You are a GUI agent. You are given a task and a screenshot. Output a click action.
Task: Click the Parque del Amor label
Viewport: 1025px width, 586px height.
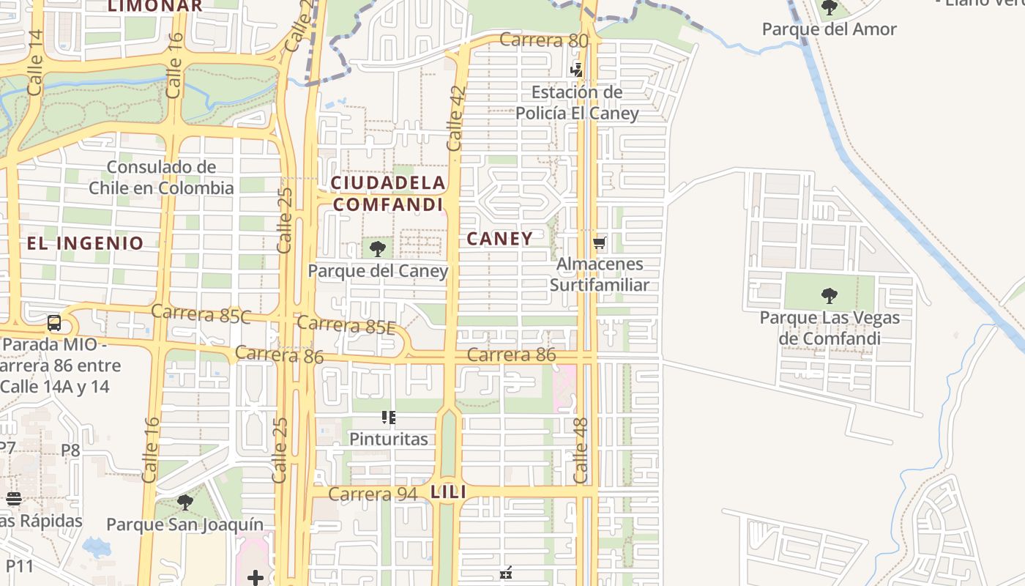coord(829,29)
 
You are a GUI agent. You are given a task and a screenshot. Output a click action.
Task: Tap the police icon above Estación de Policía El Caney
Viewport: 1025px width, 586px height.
coord(577,70)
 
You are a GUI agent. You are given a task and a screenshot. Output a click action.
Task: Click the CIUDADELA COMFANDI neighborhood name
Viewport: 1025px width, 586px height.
coord(388,193)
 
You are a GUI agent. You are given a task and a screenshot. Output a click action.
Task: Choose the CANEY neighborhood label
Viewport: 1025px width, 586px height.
coord(500,239)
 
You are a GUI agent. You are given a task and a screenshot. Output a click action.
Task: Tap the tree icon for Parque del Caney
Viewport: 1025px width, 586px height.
coord(378,249)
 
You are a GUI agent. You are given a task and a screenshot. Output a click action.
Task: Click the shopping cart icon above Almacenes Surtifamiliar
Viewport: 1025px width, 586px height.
coord(600,242)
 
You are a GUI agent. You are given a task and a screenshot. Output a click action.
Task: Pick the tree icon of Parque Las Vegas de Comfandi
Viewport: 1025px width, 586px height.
coord(830,296)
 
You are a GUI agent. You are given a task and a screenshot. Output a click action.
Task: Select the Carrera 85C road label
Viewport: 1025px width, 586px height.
coord(201,314)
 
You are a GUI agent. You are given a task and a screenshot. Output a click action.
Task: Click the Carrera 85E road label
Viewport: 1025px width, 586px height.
coord(346,324)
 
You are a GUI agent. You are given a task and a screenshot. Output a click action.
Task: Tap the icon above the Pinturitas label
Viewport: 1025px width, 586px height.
coord(389,418)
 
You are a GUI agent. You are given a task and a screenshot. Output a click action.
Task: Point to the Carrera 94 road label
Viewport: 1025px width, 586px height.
coord(373,494)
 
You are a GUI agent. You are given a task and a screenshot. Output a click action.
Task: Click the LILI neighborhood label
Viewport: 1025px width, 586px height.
coord(449,492)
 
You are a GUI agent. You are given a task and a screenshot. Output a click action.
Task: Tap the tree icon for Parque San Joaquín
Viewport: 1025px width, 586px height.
coord(185,502)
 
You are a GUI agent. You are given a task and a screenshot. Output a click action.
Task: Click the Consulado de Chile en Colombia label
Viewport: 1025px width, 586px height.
coord(161,177)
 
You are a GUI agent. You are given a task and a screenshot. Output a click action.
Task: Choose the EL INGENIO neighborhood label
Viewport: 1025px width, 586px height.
coord(86,243)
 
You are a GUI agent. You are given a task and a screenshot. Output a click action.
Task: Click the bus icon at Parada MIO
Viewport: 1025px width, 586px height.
coord(54,323)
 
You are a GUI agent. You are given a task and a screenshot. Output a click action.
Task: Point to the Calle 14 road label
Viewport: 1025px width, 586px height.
coord(36,63)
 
